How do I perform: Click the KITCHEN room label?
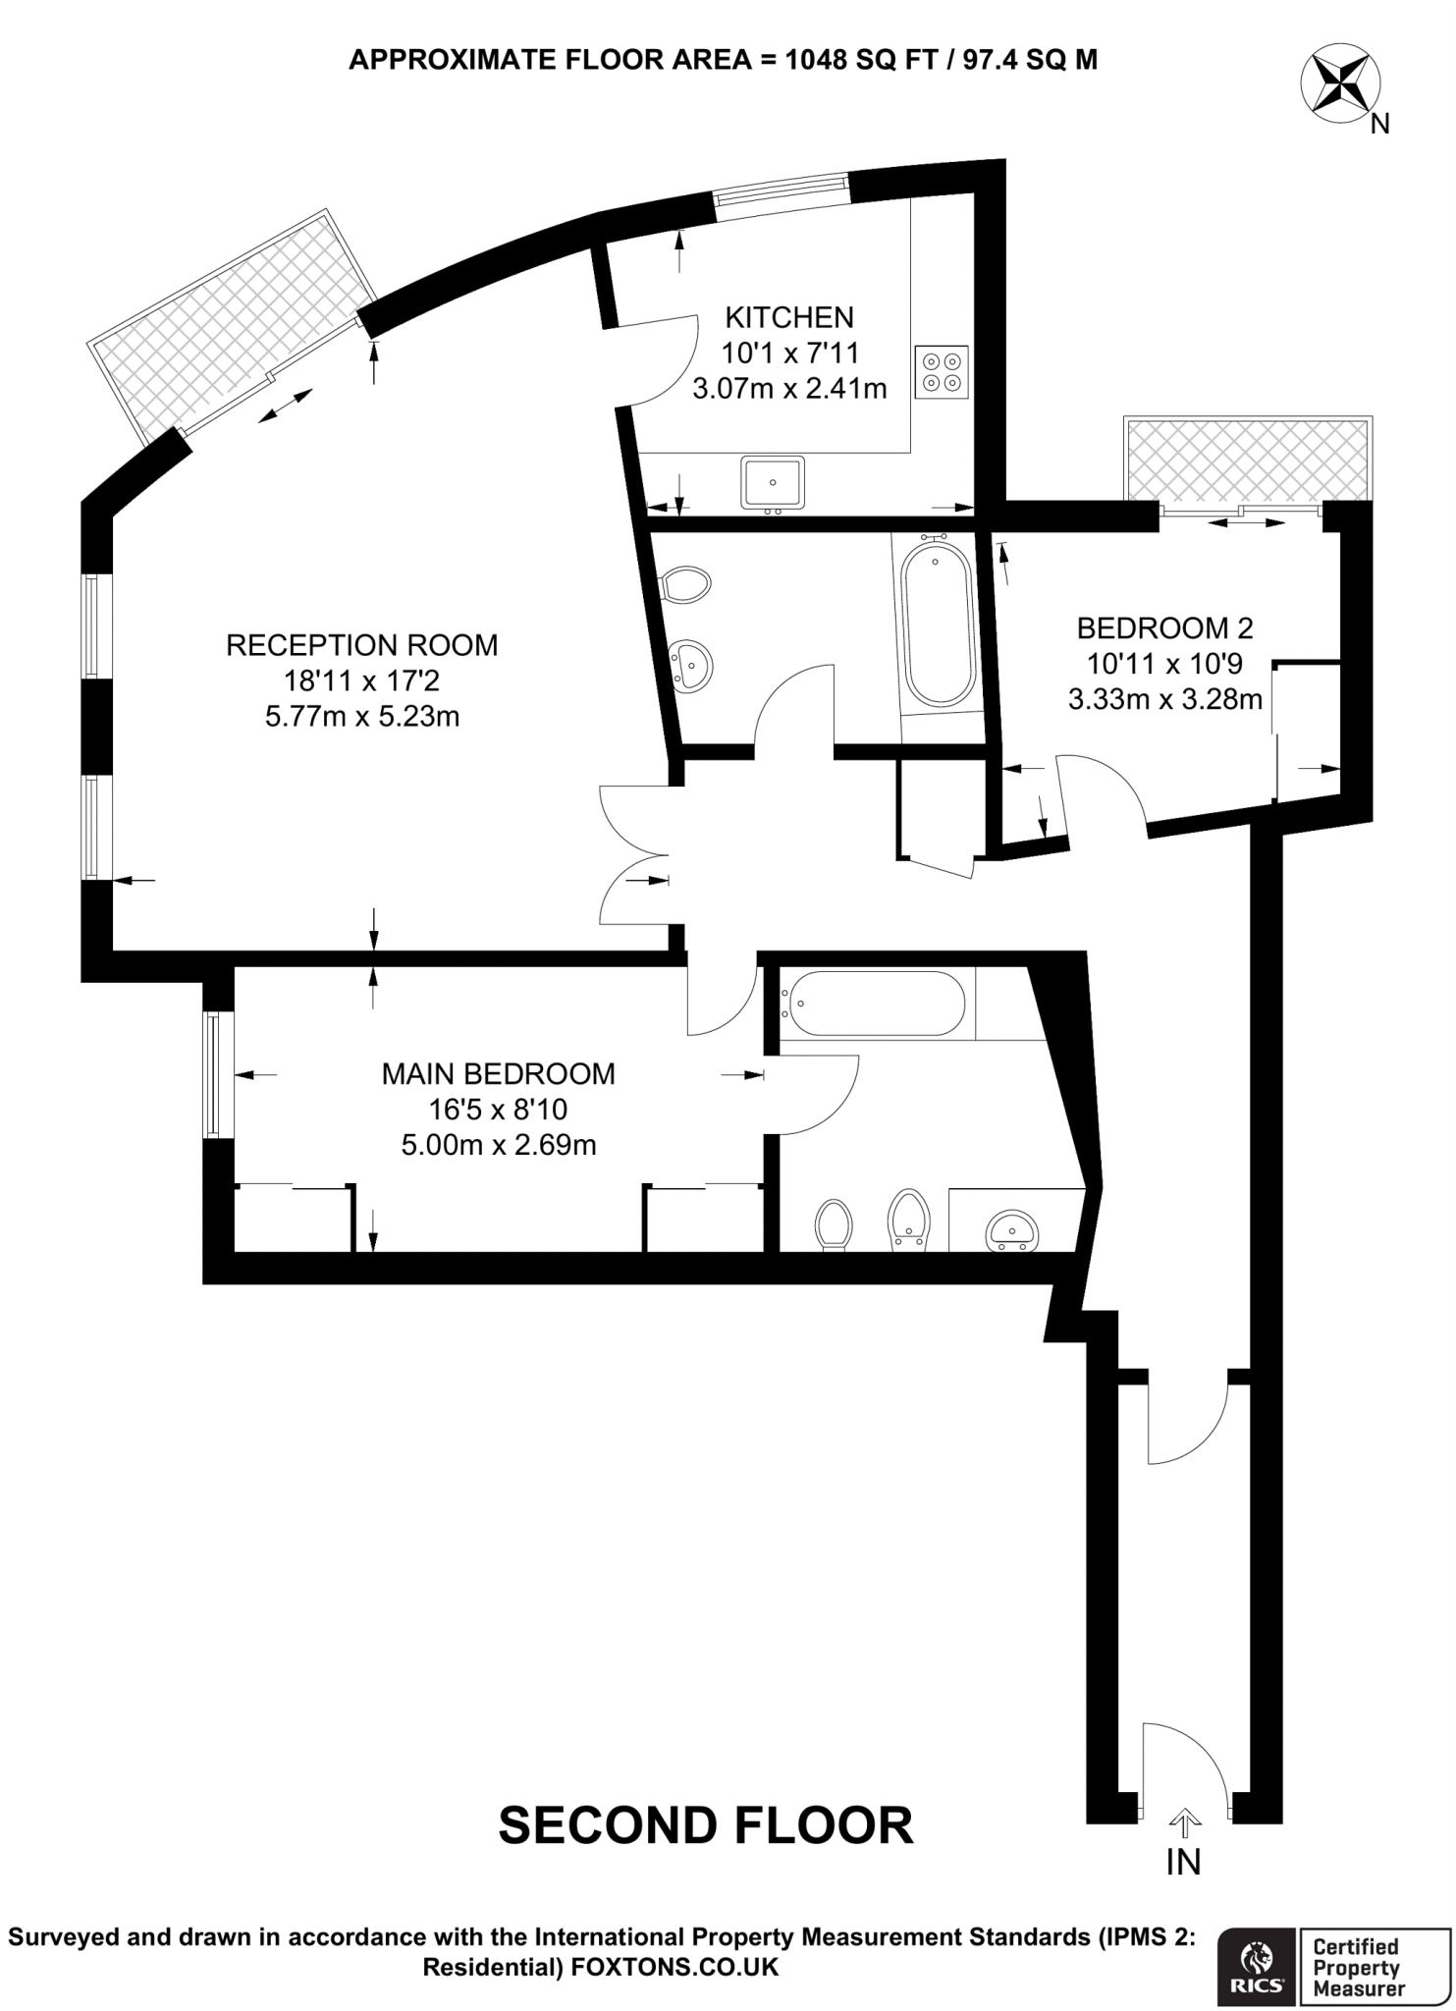[x=789, y=317]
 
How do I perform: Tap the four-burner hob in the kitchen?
[x=941, y=372]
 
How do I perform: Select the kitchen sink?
[x=773, y=482]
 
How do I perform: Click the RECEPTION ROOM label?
[x=361, y=645]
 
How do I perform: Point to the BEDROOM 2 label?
[x=1164, y=627]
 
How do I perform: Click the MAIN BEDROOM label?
[x=498, y=1073]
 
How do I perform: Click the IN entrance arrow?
[x=1184, y=1825]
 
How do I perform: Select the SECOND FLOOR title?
[x=706, y=1824]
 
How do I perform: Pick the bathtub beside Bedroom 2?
[x=939, y=626]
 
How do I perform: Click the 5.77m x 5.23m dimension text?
[x=361, y=717]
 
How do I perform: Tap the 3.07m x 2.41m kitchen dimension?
[x=789, y=389]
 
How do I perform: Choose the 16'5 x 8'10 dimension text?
[x=498, y=1110]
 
